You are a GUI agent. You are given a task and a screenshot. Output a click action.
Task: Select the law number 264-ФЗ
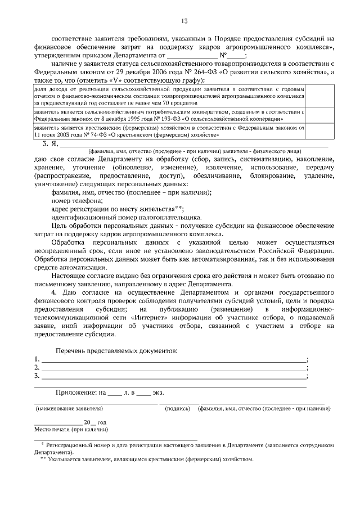tap(208, 73)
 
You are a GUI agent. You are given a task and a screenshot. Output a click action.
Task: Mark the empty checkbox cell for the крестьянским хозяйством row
tap(309, 132)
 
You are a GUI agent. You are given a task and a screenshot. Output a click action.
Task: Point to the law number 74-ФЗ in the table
tap(93, 135)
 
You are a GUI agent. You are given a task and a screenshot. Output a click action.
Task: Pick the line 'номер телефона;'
tap(76, 201)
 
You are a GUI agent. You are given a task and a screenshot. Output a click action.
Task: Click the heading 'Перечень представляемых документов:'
tap(116, 351)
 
